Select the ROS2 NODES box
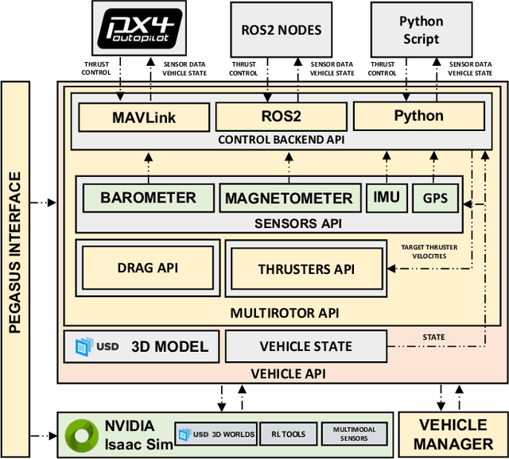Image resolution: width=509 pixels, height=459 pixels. (x=281, y=30)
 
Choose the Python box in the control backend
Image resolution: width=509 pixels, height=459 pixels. (x=418, y=116)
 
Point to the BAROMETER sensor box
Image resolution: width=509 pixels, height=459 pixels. (x=148, y=198)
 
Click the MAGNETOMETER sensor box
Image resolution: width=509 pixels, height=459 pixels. (x=288, y=198)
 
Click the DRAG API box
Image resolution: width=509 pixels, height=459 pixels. (x=147, y=268)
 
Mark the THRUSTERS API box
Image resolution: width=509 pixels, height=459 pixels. (x=306, y=269)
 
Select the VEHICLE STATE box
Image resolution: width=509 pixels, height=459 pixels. (x=305, y=346)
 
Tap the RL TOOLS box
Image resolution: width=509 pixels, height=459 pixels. (x=288, y=434)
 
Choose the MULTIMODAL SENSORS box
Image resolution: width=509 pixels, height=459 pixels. (x=356, y=434)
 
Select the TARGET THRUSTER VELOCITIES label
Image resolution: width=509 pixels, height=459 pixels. (x=429, y=252)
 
